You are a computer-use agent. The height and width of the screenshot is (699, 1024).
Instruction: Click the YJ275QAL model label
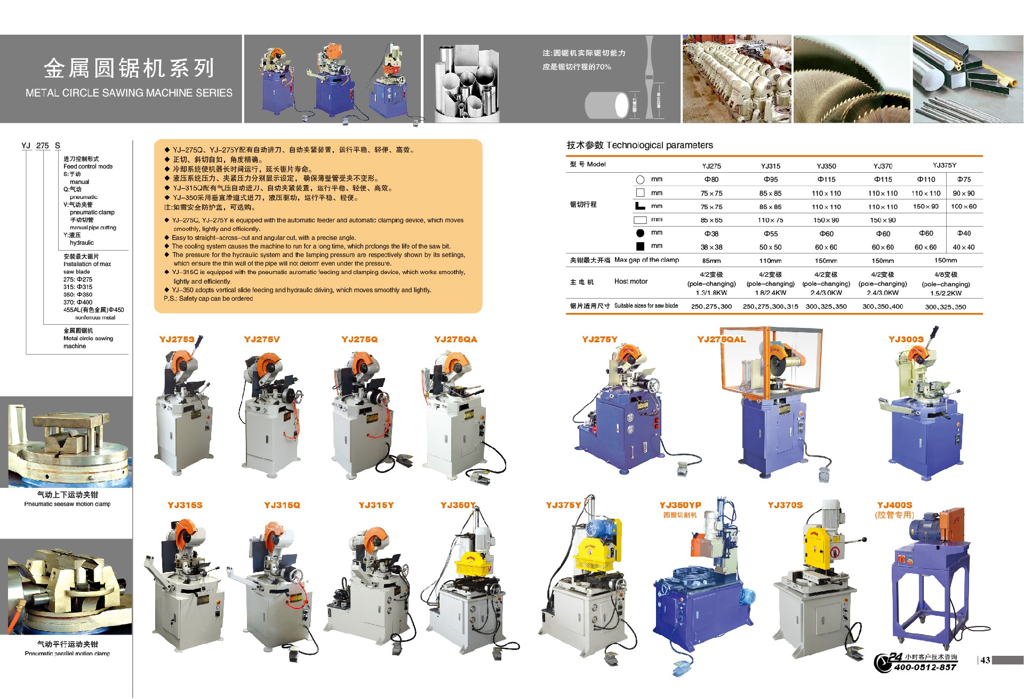(x=721, y=340)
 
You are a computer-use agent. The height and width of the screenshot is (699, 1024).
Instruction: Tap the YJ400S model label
(x=894, y=505)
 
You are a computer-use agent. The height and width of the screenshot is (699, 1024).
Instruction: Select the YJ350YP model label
(x=680, y=505)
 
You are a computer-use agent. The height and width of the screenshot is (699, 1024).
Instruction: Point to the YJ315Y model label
(x=376, y=505)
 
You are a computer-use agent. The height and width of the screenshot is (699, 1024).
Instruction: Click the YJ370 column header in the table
(x=883, y=166)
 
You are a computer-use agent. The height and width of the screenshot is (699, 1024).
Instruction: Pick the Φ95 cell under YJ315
(x=770, y=180)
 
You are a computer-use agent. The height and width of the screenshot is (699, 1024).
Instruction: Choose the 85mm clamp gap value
(x=711, y=261)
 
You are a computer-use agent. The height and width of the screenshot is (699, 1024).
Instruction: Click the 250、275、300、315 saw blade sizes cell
(x=770, y=307)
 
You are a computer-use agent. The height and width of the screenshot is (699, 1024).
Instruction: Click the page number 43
(x=985, y=660)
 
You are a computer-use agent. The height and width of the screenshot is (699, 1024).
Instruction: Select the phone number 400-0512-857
(x=925, y=667)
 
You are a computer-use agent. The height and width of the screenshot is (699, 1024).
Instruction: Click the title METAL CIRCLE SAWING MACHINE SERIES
(x=129, y=93)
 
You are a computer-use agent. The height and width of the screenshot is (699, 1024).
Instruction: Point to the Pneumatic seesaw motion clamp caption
(x=67, y=504)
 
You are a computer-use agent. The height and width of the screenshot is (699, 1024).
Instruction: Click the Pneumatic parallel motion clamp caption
(x=67, y=653)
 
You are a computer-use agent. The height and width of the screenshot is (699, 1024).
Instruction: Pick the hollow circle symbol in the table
(x=640, y=180)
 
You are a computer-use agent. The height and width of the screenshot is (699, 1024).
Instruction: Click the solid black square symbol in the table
(x=640, y=246)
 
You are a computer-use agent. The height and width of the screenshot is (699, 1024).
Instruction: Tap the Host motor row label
(x=630, y=282)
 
